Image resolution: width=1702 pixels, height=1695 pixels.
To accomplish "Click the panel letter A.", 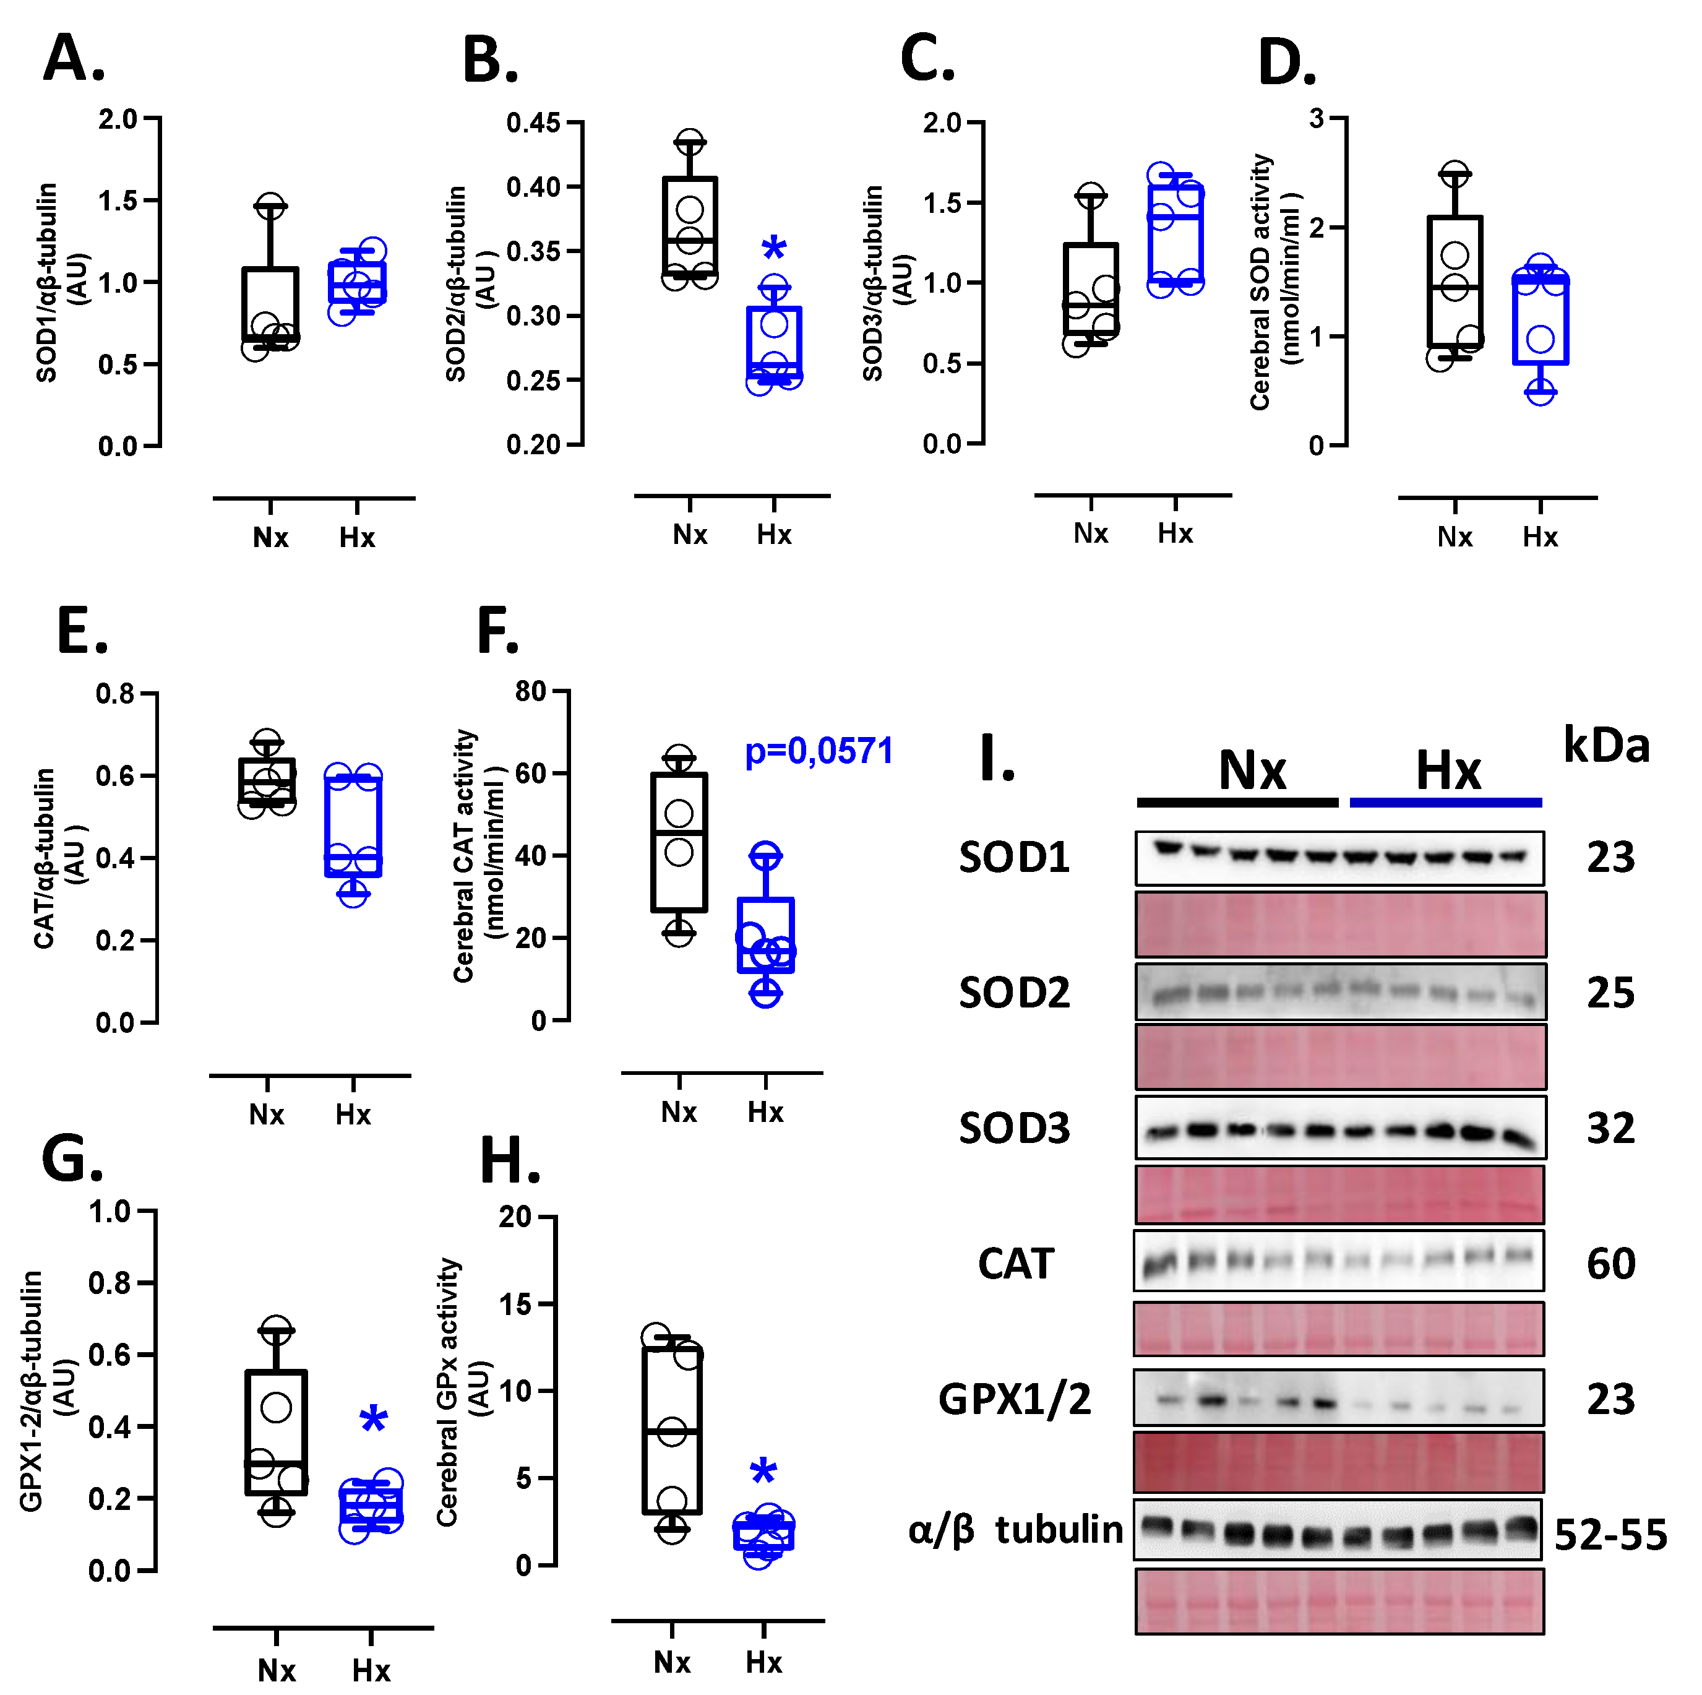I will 74,60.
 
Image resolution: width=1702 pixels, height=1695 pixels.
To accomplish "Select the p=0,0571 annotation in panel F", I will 819,751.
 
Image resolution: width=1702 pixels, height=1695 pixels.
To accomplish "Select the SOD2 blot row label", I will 1014,993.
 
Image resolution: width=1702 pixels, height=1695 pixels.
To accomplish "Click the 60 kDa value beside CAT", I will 1610,1263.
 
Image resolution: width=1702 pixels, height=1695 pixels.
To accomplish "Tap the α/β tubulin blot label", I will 1015,1529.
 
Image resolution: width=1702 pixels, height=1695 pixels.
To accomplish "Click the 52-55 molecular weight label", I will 1610,1533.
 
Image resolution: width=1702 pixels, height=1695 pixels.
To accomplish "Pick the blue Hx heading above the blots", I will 1448,771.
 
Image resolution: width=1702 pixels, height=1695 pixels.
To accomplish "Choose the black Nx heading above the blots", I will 1252,771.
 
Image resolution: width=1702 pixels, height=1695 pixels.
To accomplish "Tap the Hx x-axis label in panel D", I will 1539,537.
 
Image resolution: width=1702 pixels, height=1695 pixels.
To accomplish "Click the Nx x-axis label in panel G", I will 277,1670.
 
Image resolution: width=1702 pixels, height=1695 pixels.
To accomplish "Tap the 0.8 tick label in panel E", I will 114,694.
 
